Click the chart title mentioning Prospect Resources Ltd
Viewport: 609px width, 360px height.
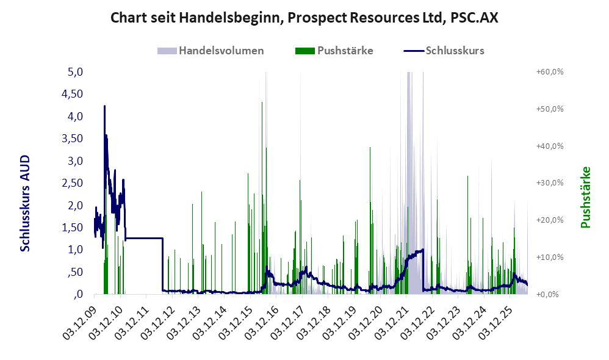[x=304, y=18]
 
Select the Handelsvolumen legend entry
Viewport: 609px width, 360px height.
[x=211, y=51]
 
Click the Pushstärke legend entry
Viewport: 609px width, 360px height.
[x=334, y=51]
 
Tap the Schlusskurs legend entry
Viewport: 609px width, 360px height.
[x=444, y=51]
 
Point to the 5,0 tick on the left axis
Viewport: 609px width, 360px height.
[x=75, y=72]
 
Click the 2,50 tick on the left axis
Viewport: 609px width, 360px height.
[x=73, y=183]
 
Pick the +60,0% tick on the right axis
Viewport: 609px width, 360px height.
[x=550, y=72]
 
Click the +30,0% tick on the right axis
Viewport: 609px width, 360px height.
[x=550, y=183]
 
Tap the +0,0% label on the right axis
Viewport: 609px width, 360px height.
[x=547, y=294]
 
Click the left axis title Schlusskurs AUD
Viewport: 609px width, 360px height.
[x=25, y=203]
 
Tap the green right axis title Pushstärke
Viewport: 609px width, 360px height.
[x=586, y=197]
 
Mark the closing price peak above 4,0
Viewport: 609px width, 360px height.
[x=104, y=106]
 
